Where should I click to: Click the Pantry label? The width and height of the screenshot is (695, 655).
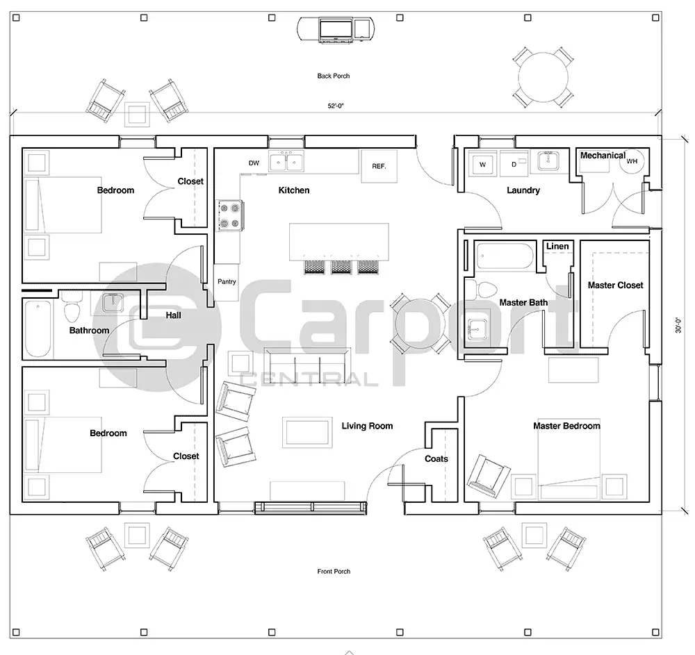pyautogui.click(x=227, y=282)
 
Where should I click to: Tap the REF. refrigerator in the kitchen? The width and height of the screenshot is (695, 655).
pyautogui.click(x=379, y=167)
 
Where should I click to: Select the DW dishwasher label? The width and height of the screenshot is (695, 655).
pyautogui.click(x=254, y=163)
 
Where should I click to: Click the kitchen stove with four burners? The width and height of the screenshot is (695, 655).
pyautogui.click(x=229, y=215)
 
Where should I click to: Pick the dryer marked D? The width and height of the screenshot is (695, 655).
pyautogui.click(x=514, y=165)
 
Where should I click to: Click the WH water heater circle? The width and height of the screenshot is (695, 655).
pyautogui.click(x=632, y=161)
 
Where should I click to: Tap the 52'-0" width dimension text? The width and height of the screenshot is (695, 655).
pyautogui.click(x=336, y=106)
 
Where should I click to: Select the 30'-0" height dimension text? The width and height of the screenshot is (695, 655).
pyautogui.click(x=679, y=324)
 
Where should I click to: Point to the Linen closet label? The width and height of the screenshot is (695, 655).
pyautogui.click(x=557, y=247)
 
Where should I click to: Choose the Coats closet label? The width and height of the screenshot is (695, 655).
pyautogui.click(x=436, y=459)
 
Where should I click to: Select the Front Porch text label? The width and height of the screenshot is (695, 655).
pyautogui.click(x=334, y=572)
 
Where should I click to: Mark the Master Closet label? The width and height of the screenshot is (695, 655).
pyautogui.click(x=615, y=285)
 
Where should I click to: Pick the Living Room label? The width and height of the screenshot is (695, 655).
pyautogui.click(x=367, y=426)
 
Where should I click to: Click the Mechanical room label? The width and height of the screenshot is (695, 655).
pyautogui.click(x=603, y=156)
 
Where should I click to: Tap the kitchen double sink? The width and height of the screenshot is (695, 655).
pyautogui.click(x=287, y=163)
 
